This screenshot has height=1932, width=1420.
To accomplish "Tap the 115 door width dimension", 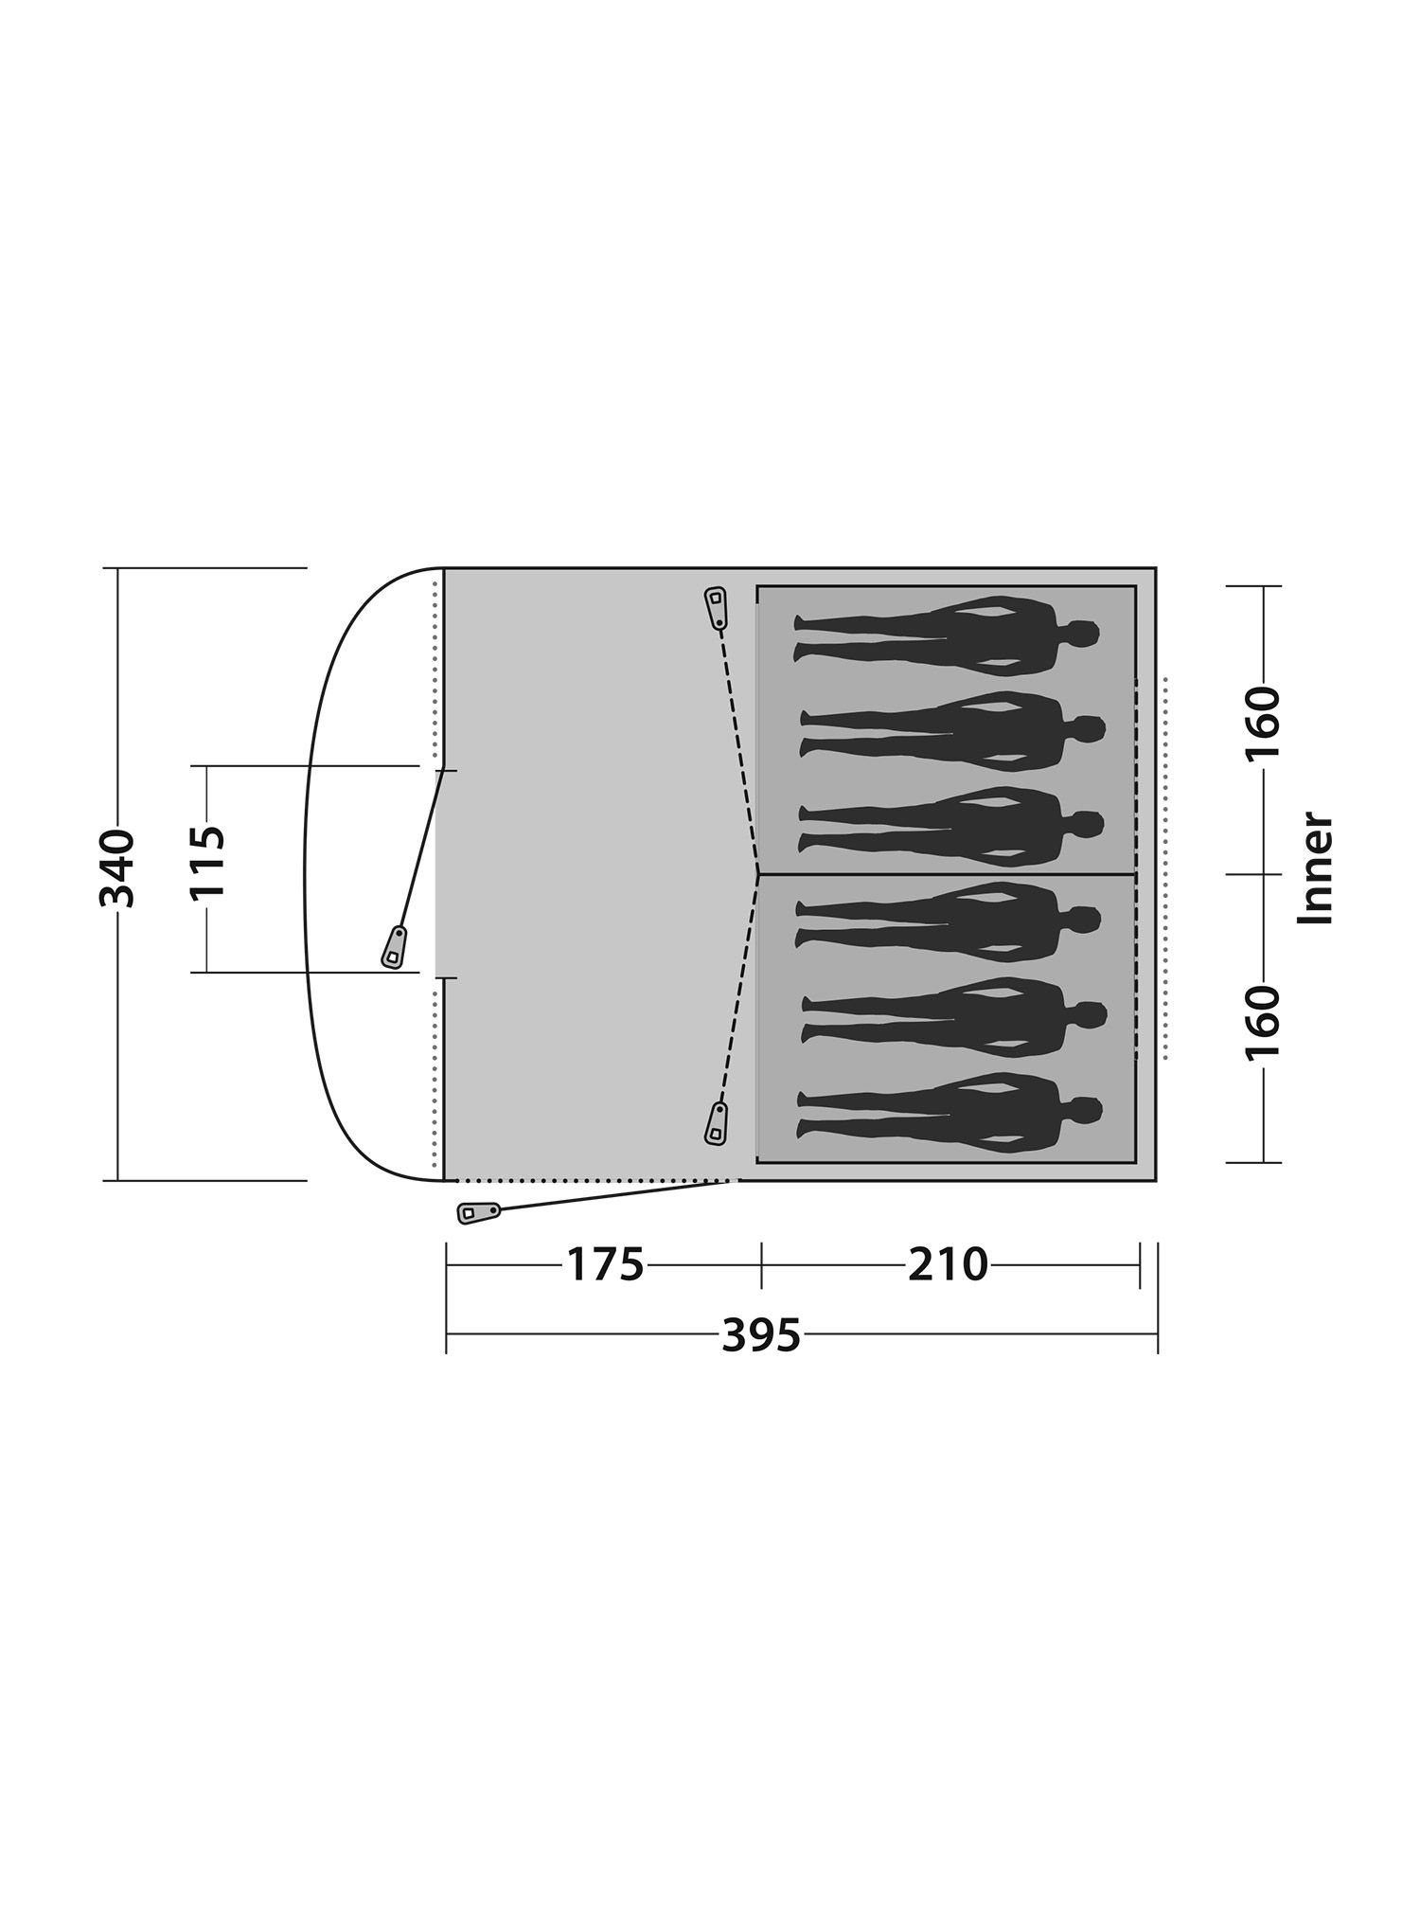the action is [207, 863].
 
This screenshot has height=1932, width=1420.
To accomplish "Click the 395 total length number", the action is [761, 1335].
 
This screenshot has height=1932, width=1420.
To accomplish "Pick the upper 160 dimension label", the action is [1263, 724].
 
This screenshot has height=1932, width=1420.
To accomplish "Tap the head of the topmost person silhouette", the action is [1080, 635].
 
